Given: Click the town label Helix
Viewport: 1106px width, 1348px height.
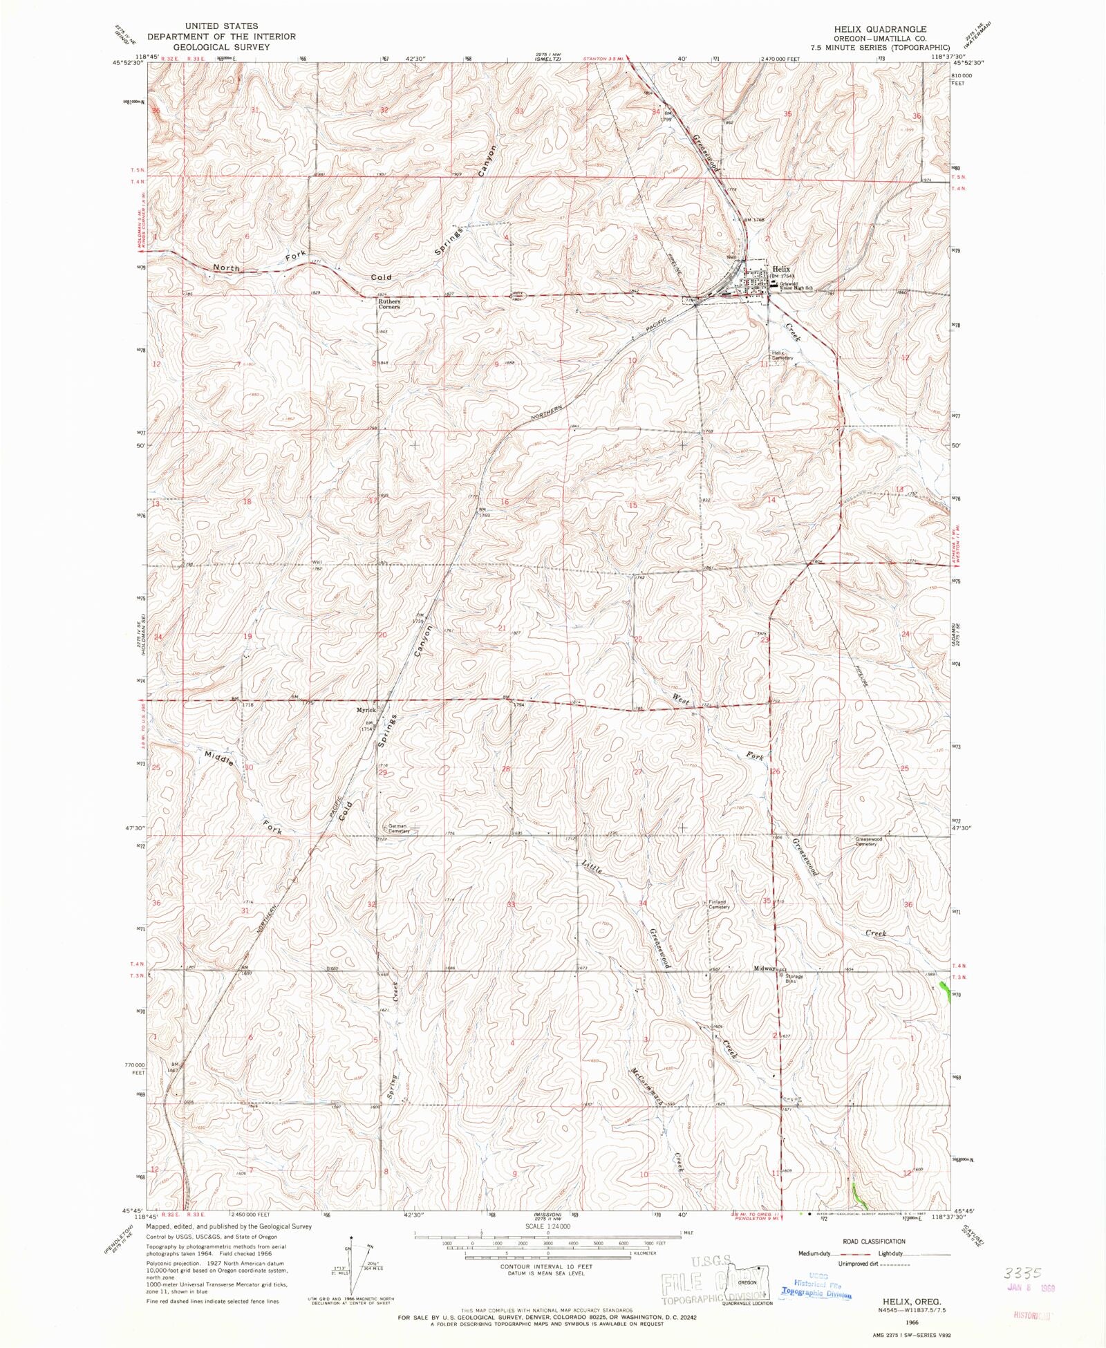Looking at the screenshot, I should pyautogui.click(x=781, y=269).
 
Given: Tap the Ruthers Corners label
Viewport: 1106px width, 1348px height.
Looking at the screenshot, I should pyautogui.click(x=389, y=304).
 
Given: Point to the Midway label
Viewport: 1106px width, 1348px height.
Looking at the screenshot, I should pyautogui.click(x=765, y=969).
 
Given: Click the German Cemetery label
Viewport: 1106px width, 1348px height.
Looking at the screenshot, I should pyautogui.click(x=398, y=829).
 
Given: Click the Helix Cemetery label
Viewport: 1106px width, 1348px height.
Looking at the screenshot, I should pyautogui.click(x=783, y=355).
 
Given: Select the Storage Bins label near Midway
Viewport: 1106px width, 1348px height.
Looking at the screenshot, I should pyautogui.click(x=794, y=979).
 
